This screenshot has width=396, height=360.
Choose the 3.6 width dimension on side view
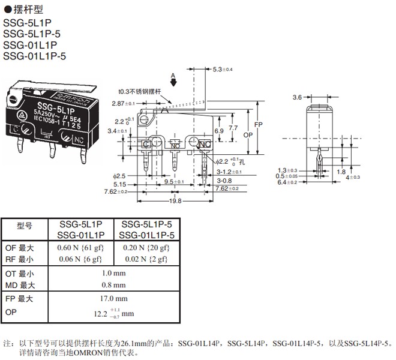[297, 97]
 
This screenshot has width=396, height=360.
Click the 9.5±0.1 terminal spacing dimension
[175, 181]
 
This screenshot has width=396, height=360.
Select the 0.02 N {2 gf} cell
[146, 259]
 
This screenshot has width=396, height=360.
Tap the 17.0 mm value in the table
[114, 298]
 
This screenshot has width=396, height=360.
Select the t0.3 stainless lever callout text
[140, 92]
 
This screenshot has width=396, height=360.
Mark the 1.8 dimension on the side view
[340, 172]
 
